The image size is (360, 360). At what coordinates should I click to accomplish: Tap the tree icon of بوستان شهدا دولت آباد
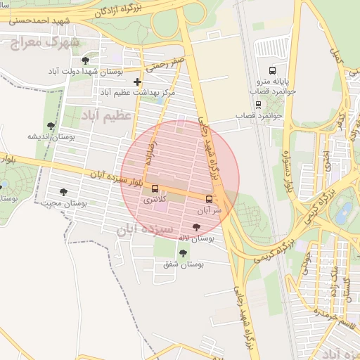tap(86, 61)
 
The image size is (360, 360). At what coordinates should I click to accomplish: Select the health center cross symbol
tap(137, 82)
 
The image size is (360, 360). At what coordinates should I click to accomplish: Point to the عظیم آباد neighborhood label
tap(107, 114)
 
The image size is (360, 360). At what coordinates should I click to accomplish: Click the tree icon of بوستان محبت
tap(64, 192)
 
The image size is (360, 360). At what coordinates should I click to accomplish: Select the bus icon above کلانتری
tap(155, 188)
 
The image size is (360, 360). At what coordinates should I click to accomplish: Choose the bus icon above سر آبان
tap(210, 199)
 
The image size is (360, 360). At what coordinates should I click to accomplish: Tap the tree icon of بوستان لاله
tap(196, 227)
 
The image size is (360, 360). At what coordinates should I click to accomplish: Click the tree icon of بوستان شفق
tap(183, 253)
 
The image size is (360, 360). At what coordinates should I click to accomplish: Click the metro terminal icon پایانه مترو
tap(272, 70)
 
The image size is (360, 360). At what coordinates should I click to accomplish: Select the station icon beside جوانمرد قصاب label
tap(259, 105)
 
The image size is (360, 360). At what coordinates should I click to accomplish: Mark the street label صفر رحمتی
tap(166, 65)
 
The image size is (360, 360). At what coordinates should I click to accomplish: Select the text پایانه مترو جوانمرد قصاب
tap(274, 86)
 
